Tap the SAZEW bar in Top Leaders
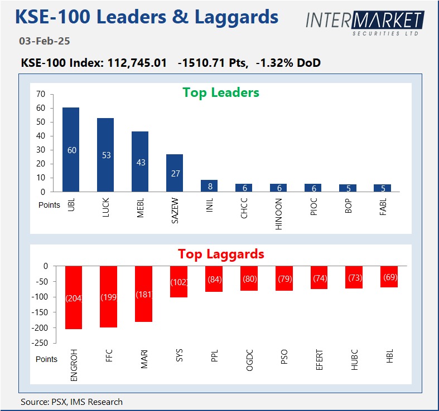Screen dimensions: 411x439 click(x=175, y=173)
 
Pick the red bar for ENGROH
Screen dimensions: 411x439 click(x=74, y=297)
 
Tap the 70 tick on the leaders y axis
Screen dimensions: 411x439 click(x=41, y=94)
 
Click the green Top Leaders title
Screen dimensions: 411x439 click(x=221, y=92)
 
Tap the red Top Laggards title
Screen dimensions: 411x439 click(x=221, y=254)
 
